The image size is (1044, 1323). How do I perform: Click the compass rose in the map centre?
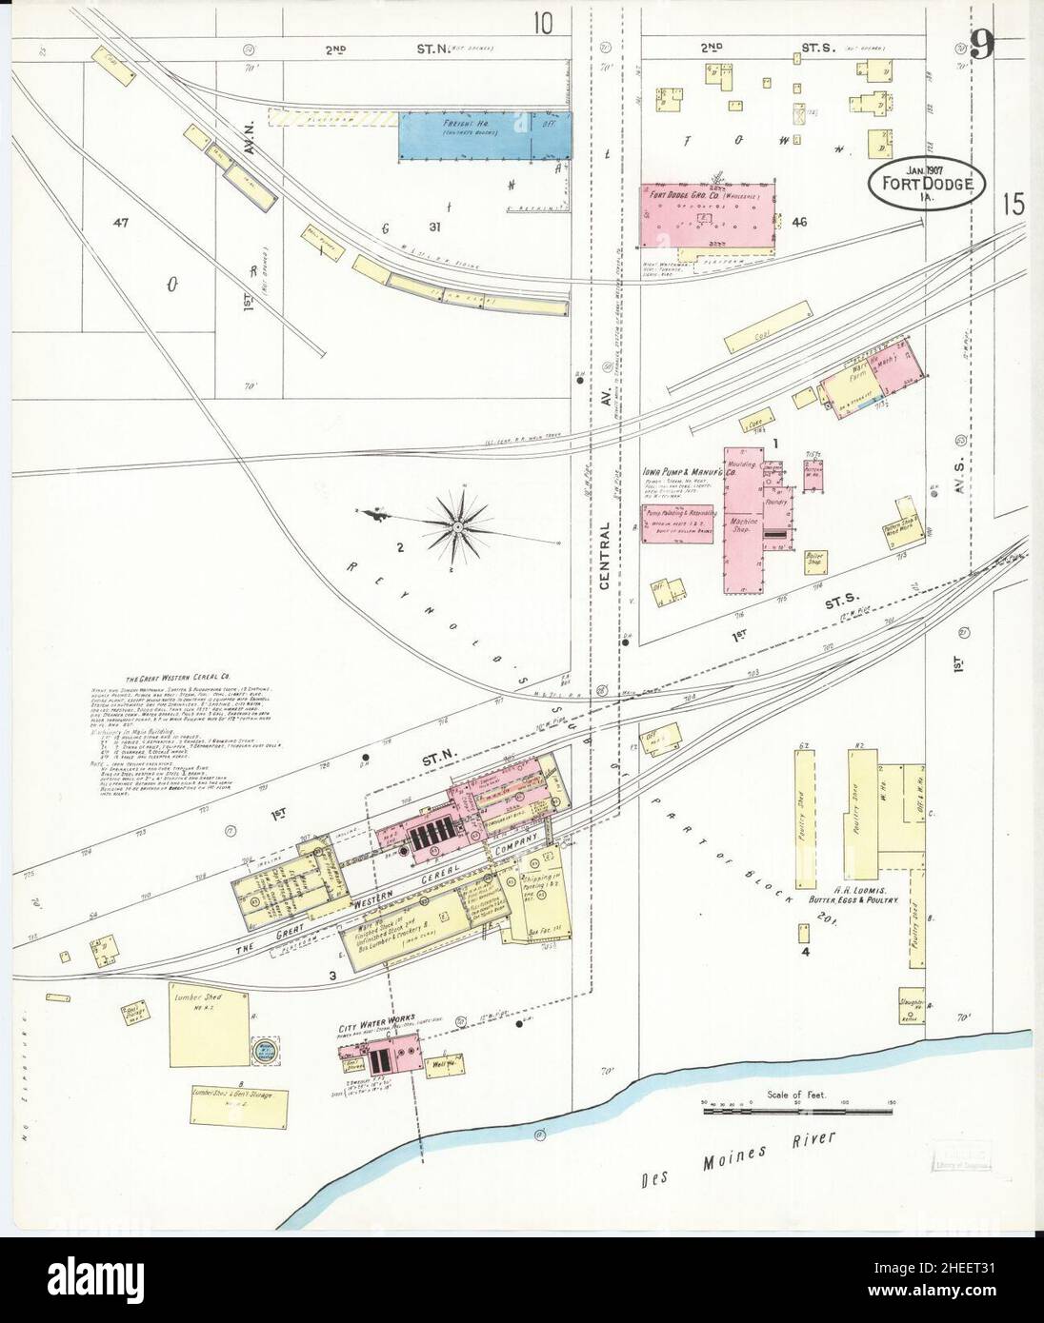(x=457, y=525)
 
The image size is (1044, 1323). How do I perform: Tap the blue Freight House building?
(x=484, y=134)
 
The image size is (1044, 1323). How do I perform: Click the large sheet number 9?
(x=981, y=45)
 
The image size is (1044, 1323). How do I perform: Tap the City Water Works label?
(x=376, y=1017)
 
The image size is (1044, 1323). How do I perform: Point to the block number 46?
(x=798, y=222)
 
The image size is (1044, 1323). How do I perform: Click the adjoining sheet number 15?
(x=1015, y=204)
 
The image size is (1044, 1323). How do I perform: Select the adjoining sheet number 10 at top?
(x=543, y=22)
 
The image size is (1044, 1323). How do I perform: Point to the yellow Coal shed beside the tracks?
(x=760, y=337)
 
